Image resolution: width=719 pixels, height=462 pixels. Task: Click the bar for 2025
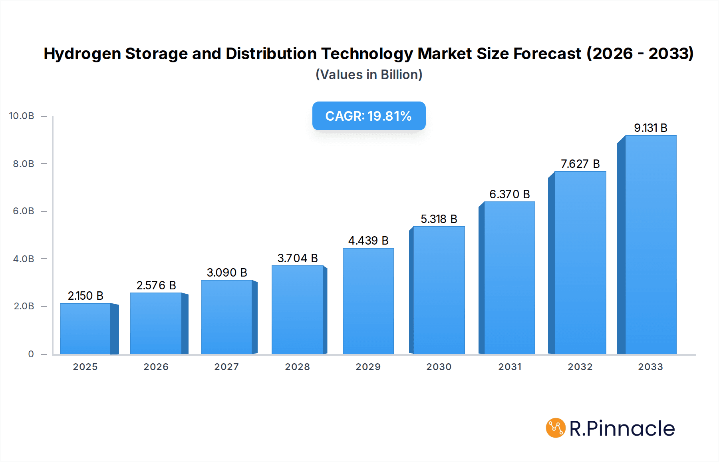click(85, 329)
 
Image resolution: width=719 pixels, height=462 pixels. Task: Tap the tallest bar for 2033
click(650, 245)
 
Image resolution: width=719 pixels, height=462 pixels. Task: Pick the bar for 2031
click(509, 278)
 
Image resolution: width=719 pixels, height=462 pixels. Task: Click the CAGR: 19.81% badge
click(369, 116)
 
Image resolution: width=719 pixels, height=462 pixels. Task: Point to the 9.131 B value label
click(650, 128)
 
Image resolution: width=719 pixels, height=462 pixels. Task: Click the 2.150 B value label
click(85, 296)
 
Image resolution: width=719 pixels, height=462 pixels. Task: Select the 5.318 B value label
click(439, 219)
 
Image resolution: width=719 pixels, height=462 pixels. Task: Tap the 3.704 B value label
click(298, 258)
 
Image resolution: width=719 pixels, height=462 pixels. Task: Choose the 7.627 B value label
click(580, 164)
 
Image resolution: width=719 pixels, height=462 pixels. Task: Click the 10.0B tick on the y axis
click(22, 116)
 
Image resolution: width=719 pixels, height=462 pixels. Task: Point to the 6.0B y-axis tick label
click(24, 211)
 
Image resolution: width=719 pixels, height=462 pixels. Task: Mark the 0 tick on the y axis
click(31, 354)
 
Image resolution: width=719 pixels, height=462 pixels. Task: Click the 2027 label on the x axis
click(226, 367)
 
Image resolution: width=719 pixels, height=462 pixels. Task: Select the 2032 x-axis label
click(580, 367)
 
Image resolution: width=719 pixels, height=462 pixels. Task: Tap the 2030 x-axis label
click(439, 367)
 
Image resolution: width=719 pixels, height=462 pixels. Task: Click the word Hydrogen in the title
click(82, 54)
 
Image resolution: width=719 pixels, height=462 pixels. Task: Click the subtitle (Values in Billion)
click(369, 75)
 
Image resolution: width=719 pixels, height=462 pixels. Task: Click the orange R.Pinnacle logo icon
click(556, 428)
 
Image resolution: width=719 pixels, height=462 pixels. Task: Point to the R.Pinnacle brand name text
click(622, 428)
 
